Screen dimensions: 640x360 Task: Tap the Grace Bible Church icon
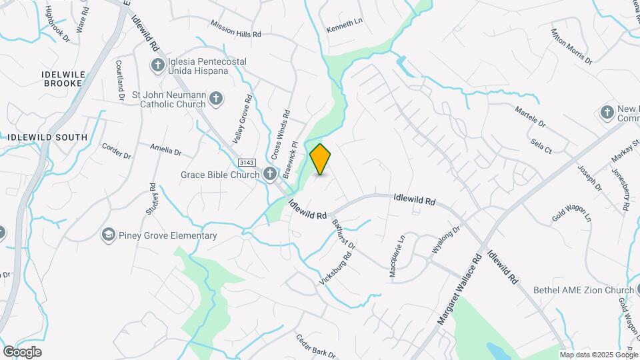(270, 175)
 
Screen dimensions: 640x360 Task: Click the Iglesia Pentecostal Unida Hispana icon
(157, 65)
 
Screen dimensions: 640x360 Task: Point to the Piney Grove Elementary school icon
(108, 235)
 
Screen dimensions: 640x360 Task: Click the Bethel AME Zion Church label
(583, 290)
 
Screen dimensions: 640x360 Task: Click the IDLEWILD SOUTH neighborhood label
(47, 137)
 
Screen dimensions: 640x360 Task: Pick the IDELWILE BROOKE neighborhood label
(63, 79)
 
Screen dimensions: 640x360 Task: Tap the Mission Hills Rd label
(235, 28)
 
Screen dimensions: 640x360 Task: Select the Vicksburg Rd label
(335, 269)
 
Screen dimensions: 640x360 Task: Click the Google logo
(22, 352)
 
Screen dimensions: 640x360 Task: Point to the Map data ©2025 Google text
(599, 355)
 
